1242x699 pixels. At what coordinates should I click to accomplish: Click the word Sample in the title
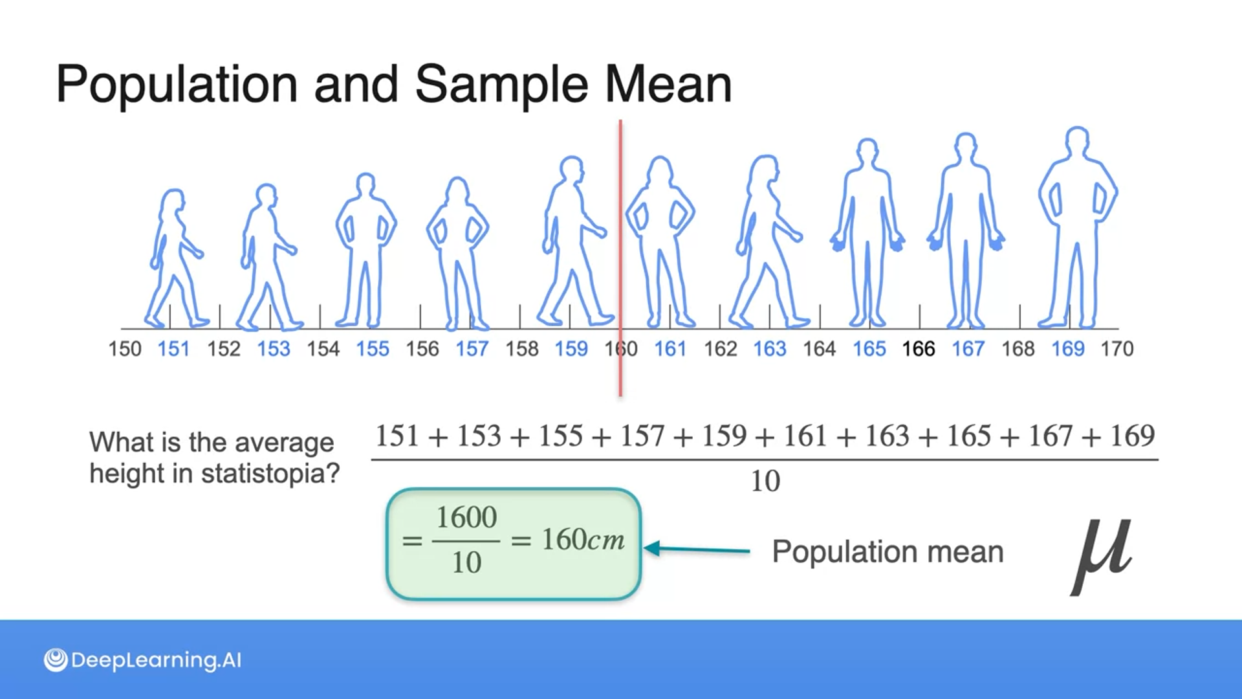[x=501, y=85]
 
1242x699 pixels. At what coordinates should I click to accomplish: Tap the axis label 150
[x=125, y=349]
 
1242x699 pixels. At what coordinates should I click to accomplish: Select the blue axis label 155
[x=373, y=349]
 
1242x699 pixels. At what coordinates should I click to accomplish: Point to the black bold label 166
[x=919, y=349]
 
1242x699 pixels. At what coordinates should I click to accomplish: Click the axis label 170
[x=1117, y=349]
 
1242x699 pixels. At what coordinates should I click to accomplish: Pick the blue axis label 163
[x=770, y=349]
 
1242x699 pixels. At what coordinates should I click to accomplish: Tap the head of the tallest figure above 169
[x=1077, y=140]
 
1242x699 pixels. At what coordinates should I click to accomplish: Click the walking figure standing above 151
[x=173, y=259]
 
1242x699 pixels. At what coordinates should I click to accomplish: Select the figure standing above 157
[x=458, y=252]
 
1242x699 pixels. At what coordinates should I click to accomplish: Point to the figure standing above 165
[x=867, y=233]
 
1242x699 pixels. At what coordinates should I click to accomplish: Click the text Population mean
[x=888, y=552]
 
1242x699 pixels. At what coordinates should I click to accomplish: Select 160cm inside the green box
[x=583, y=540]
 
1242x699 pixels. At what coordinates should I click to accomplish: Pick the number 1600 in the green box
[x=466, y=518]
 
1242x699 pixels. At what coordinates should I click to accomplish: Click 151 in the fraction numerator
[x=397, y=436]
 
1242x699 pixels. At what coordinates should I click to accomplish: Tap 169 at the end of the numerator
[x=1132, y=436]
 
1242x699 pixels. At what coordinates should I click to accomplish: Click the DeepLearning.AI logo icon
[x=56, y=660]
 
